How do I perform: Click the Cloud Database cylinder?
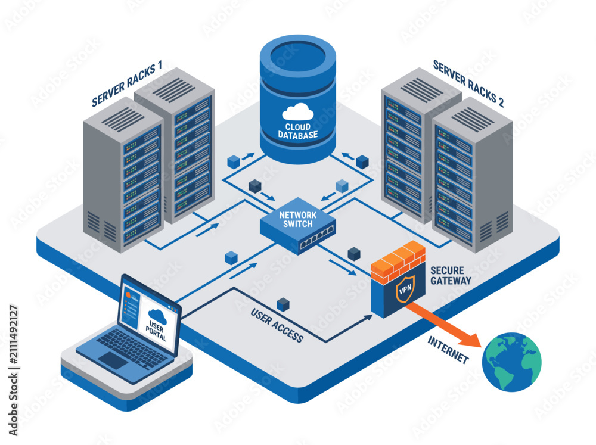(x=297, y=99)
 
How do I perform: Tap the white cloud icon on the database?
(x=298, y=112)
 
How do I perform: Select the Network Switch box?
(x=298, y=226)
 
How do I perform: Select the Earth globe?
(x=511, y=362)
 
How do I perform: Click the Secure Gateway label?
(x=451, y=275)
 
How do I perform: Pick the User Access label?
(x=277, y=325)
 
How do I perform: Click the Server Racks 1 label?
(x=127, y=84)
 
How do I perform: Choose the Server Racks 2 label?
(x=468, y=84)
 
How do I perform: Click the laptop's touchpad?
(x=113, y=360)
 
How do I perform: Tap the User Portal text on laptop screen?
(x=156, y=331)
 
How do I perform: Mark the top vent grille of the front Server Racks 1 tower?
(x=123, y=119)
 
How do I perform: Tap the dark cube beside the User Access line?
(x=283, y=304)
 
